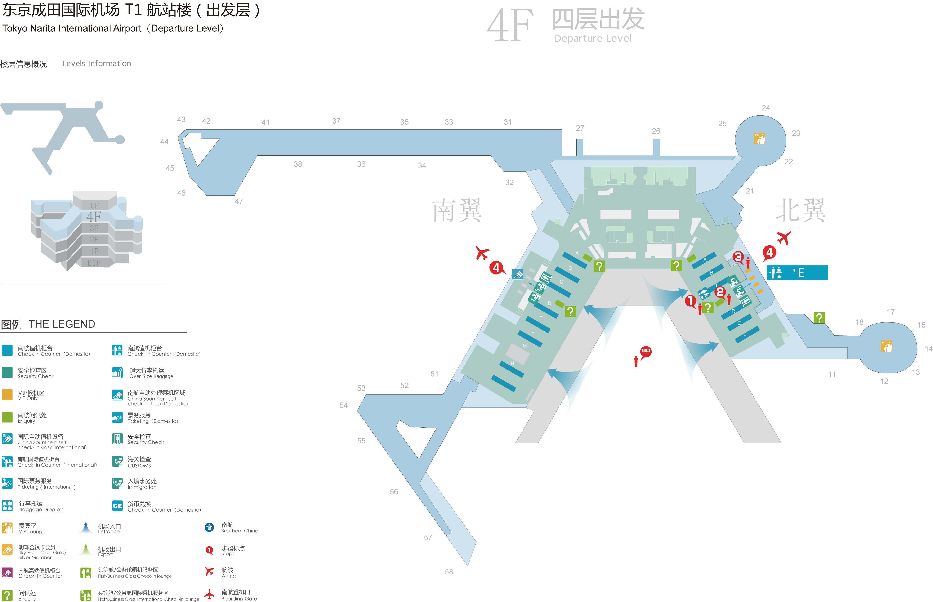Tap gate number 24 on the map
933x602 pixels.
point(766,108)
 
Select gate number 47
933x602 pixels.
point(239,201)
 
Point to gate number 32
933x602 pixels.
point(509,183)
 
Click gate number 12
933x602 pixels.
point(884,381)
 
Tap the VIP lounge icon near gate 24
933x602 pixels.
point(759,138)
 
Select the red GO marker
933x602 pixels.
point(646,351)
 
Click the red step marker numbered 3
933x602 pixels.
point(738,257)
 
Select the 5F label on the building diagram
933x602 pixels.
point(95,205)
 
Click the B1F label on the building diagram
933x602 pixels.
point(94,263)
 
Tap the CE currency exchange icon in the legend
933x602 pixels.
point(117,506)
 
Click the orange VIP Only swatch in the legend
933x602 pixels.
point(7,394)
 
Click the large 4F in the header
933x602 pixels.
point(510,26)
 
